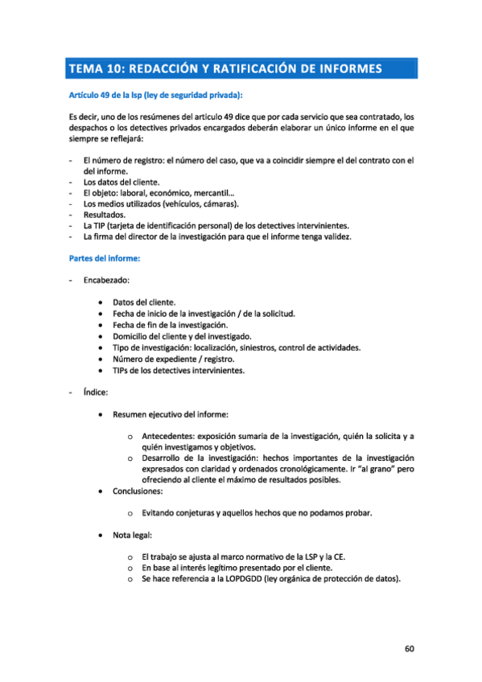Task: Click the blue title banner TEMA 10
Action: [x=241, y=68]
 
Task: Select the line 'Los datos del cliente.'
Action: [x=126, y=182]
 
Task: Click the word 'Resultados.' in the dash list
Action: [x=104, y=215]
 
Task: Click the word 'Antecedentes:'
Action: [x=169, y=436]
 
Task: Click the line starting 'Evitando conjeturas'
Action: [x=256, y=512]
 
